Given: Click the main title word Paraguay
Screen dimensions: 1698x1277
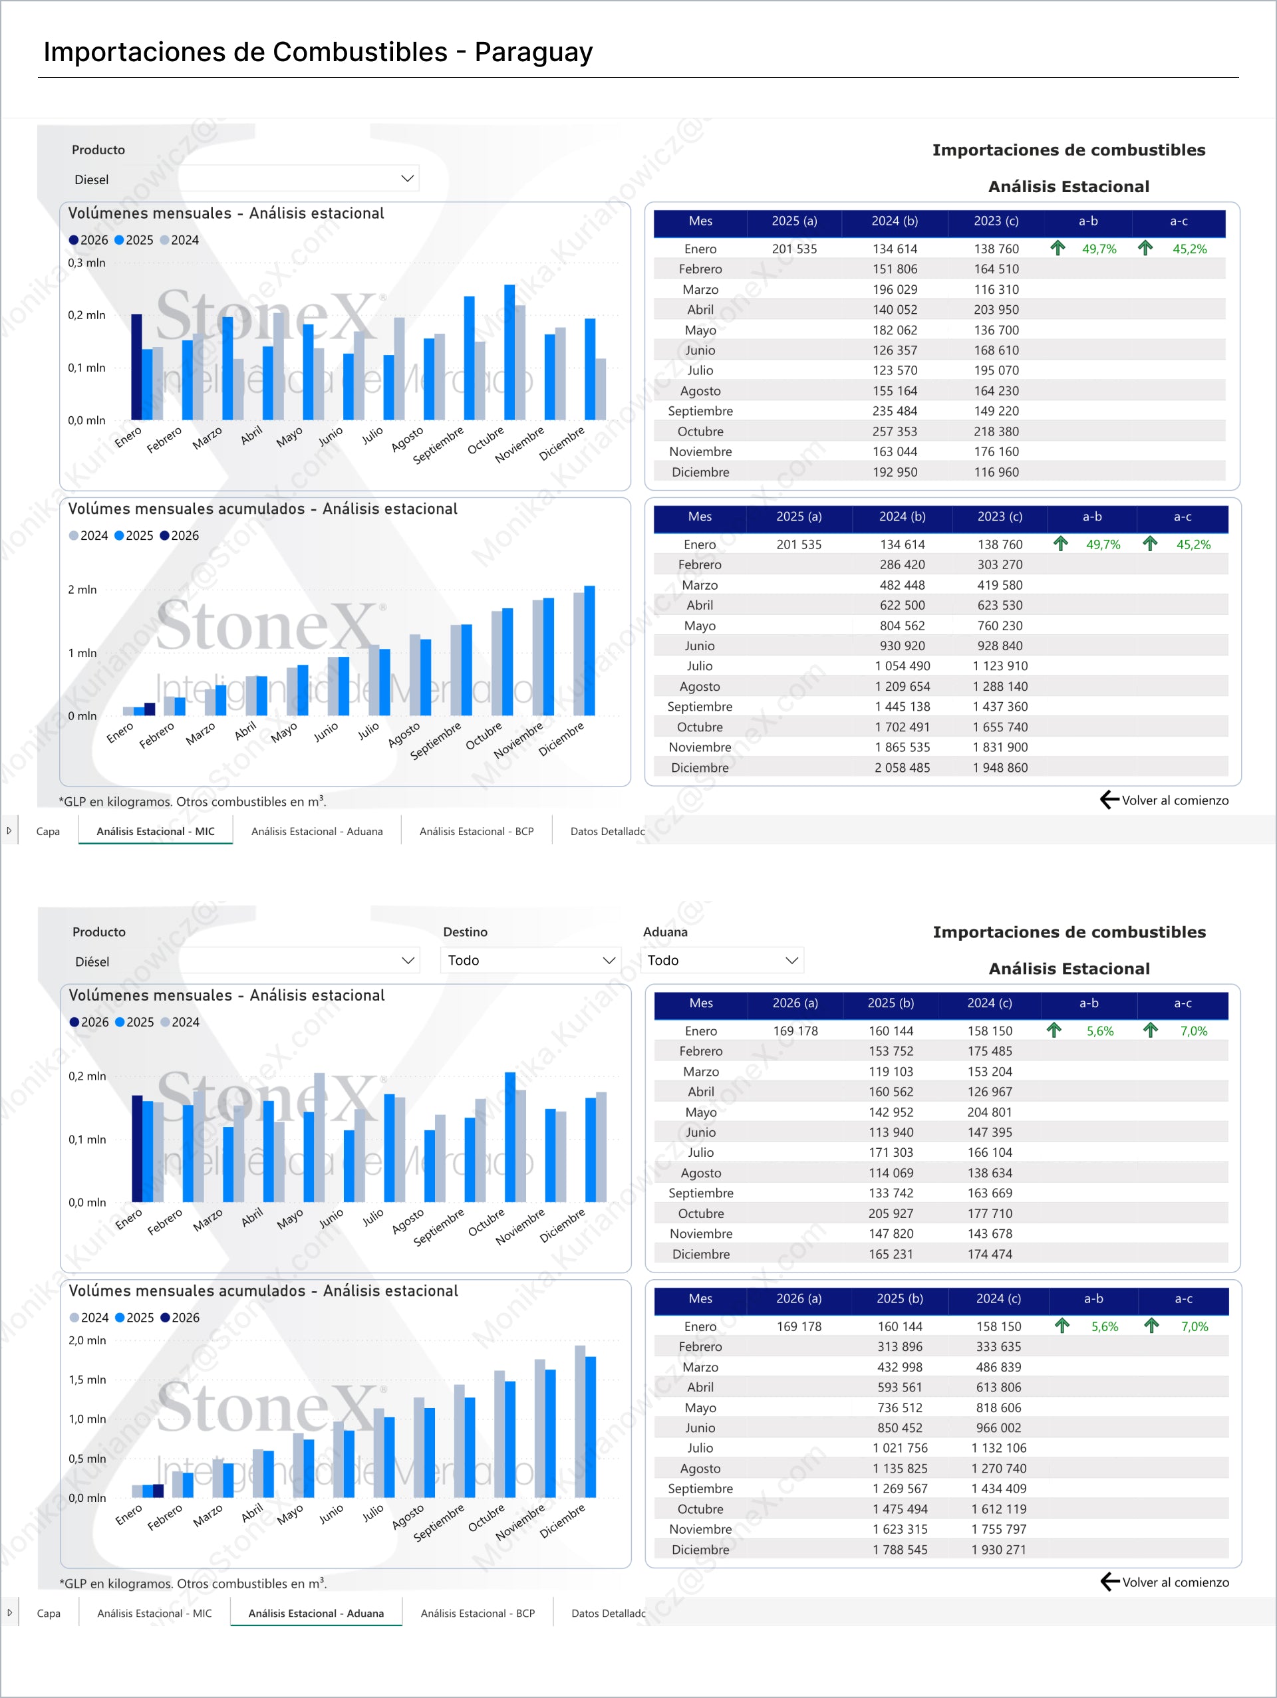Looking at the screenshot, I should [x=533, y=53].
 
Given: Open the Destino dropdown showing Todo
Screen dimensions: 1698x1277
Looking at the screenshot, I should [x=531, y=960].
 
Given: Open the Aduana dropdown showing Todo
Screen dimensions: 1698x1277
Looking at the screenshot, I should [x=722, y=960].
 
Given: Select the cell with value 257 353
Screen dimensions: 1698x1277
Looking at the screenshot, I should [x=895, y=431].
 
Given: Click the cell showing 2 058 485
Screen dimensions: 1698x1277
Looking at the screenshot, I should [x=903, y=768].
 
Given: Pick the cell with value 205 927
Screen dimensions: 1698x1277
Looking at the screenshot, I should [x=891, y=1213].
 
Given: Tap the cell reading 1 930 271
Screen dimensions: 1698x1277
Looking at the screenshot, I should [x=998, y=1550].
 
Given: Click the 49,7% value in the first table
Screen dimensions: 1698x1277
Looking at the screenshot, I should [x=1099, y=249].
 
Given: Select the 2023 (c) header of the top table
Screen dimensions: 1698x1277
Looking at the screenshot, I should [x=996, y=221].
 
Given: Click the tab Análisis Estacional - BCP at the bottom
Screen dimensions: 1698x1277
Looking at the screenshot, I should [x=476, y=831].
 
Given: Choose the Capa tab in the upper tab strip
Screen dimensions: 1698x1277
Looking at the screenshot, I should [x=48, y=831].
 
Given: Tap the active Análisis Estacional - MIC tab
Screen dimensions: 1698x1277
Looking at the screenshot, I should [x=155, y=831].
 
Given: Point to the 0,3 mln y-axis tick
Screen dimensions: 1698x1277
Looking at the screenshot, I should [x=86, y=263].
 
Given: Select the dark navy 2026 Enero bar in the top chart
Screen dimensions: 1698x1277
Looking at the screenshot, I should [x=137, y=367].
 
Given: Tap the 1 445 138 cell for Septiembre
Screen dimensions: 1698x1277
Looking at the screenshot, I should [x=903, y=707].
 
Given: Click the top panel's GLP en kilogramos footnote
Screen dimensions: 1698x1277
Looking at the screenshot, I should [x=192, y=801].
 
